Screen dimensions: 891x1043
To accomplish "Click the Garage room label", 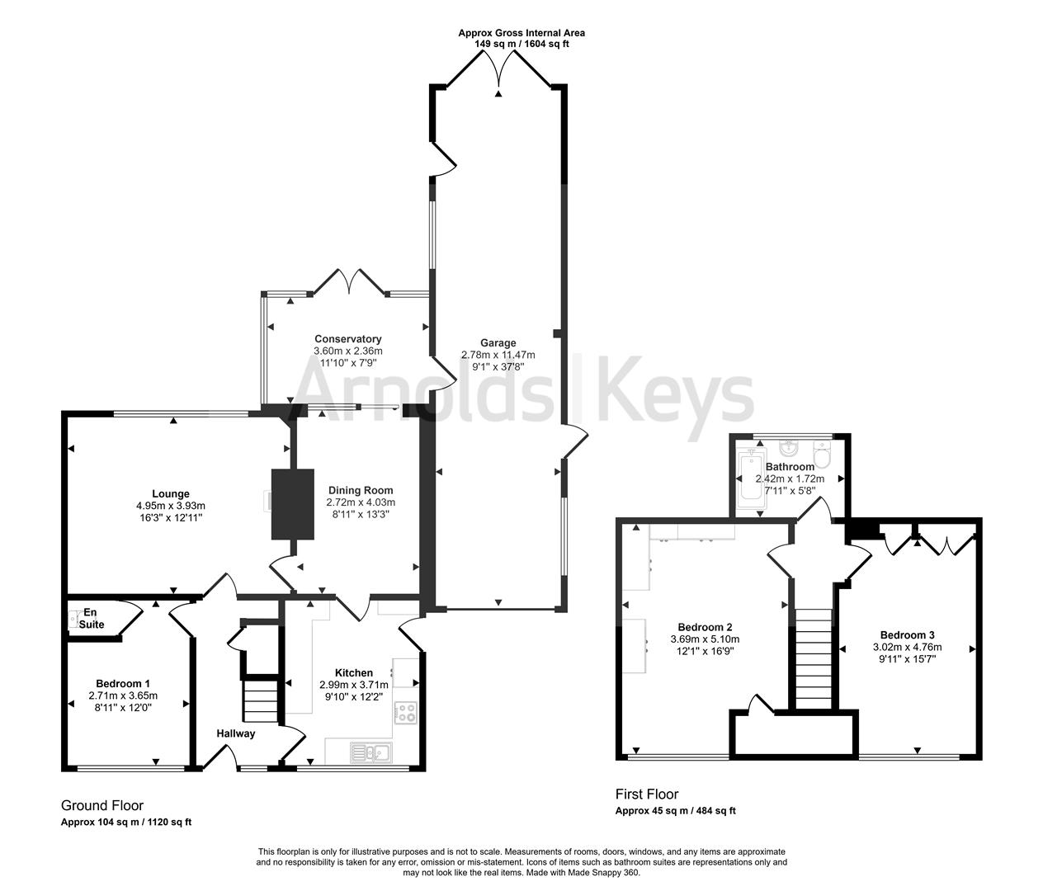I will coord(498,343).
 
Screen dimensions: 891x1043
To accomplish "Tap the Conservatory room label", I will coord(347,339).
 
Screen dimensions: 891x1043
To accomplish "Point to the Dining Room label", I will coord(361,490).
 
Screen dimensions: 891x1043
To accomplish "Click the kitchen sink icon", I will coord(370,752).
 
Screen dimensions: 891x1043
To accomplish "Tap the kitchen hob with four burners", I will coord(405,713).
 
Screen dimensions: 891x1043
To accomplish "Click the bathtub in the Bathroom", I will coord(750,476).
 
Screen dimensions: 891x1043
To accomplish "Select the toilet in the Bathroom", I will coord(822,455).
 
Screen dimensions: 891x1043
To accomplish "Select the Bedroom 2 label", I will coord(706,626).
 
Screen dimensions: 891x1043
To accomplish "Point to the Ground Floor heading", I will coord(102,805).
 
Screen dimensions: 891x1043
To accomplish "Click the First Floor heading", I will coord(647,794).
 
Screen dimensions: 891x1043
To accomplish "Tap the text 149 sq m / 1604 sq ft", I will coord(521,44).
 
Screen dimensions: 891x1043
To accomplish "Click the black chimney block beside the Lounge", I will coord(293,504).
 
